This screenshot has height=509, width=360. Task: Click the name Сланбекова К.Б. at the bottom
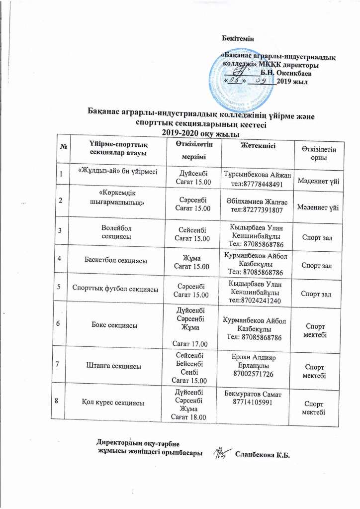pyautogui.click(x=262, y=454)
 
